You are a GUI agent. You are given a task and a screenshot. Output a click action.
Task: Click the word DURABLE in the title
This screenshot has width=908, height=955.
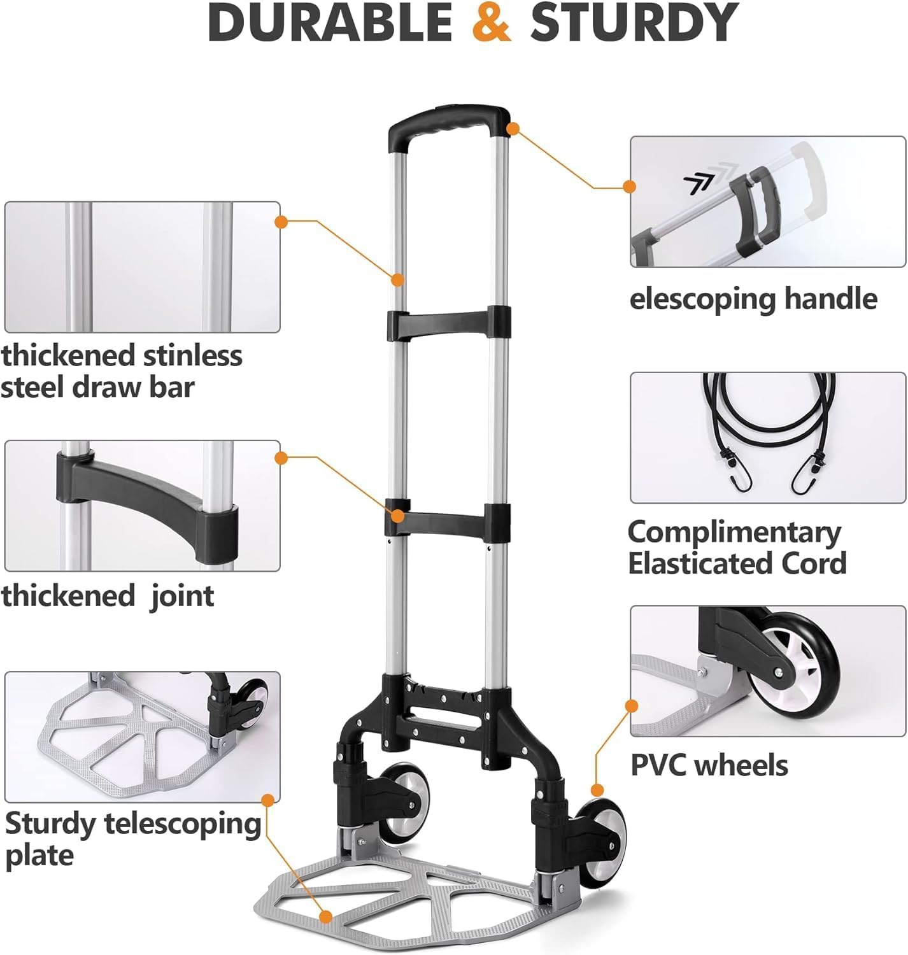click(x=329, y=23)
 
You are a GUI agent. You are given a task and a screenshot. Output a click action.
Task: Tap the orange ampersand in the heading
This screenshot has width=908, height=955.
click(x=491, y=23)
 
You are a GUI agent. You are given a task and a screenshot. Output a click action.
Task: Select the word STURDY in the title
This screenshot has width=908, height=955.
click(x=634, y=23)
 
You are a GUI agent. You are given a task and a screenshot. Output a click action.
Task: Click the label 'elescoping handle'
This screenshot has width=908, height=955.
click(x=753, y=299)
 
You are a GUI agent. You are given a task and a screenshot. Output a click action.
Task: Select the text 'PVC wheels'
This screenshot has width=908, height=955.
click(x=709, y=765)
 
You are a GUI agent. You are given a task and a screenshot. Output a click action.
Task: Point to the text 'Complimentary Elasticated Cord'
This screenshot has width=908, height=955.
click(x=737, y=548)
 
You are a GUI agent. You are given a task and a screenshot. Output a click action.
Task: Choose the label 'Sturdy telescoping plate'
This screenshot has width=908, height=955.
click(x=132, y=839)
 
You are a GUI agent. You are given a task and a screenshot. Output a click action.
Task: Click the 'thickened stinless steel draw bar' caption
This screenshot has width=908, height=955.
click(x=121, y=371)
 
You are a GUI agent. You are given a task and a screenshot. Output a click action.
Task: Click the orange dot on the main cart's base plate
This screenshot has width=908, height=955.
click(x=326, y=917)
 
